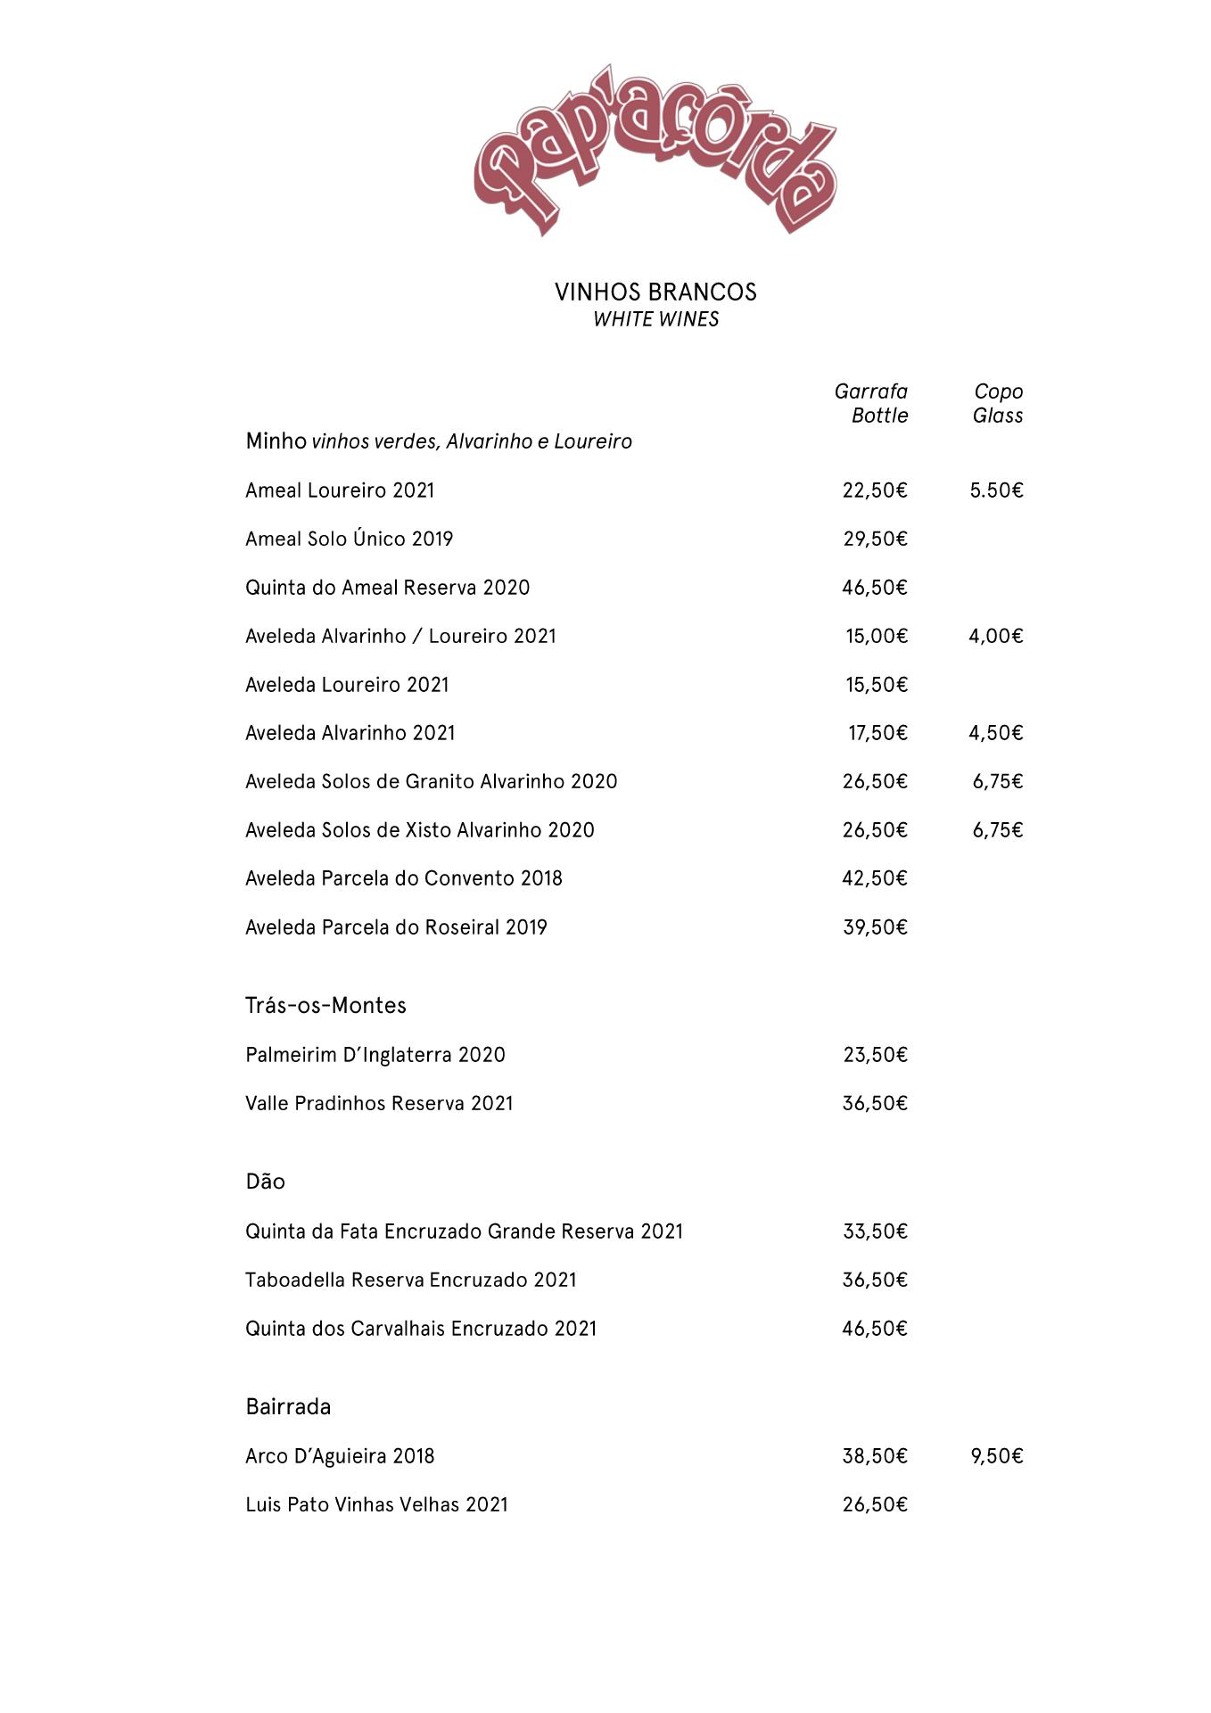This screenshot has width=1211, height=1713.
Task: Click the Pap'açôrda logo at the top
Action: [655, 150]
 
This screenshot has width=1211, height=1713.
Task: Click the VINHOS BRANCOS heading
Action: [655, 292]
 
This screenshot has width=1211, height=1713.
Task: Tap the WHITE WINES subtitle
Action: [655, 319]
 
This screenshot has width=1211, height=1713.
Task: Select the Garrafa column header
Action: [870, 391]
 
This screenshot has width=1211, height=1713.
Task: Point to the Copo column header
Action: [998, 391]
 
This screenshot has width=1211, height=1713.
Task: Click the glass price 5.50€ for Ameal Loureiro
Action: [996, 490]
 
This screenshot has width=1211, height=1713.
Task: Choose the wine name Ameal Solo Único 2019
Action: [349, 539]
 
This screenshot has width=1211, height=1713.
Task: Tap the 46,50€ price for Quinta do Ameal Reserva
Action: [875, 588]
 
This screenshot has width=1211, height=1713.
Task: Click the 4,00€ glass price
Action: [995, 636]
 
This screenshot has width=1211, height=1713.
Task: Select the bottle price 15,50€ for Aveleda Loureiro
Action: [876, 685]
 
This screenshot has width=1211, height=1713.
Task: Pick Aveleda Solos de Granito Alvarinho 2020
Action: [431, 781]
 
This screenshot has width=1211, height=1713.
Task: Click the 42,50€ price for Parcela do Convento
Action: [875, 878]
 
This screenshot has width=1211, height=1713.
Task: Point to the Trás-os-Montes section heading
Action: [325, 1005]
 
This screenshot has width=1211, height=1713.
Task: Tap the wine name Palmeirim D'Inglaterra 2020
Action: [375, 1055]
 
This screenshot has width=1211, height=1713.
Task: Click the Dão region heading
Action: [265, 1182]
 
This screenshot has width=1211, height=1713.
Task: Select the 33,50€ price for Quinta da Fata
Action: [875, 1231]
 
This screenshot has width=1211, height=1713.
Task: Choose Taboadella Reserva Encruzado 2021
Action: [410, 1281]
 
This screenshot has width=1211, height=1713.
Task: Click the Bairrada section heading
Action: [288, 1407]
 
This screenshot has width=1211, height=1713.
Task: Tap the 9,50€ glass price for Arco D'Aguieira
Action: [996, 1456]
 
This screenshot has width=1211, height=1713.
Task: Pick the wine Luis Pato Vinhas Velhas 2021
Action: [376, 1505]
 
